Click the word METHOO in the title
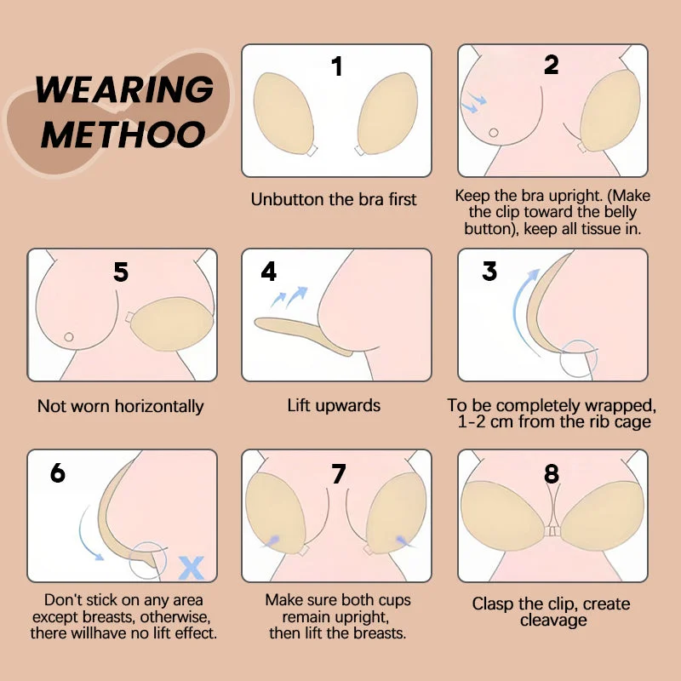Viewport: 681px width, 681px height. point(123,134)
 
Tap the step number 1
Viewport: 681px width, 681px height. point(337,66)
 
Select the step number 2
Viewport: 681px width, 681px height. point(552,65)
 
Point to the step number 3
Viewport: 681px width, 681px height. point(489,272)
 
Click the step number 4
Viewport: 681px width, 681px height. point(269,272)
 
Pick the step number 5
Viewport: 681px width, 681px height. point(121,272)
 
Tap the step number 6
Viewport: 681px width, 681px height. point(57,472)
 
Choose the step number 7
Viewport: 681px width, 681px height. point(338,474)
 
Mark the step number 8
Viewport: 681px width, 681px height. point(552,474)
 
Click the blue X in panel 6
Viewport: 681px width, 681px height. point(192,564)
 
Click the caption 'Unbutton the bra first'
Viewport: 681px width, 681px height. point(334,199)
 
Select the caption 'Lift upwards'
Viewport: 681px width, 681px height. point(334,405)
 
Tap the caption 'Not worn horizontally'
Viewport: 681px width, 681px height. point(120,406)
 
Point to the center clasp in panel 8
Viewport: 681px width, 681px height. point(552,529)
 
